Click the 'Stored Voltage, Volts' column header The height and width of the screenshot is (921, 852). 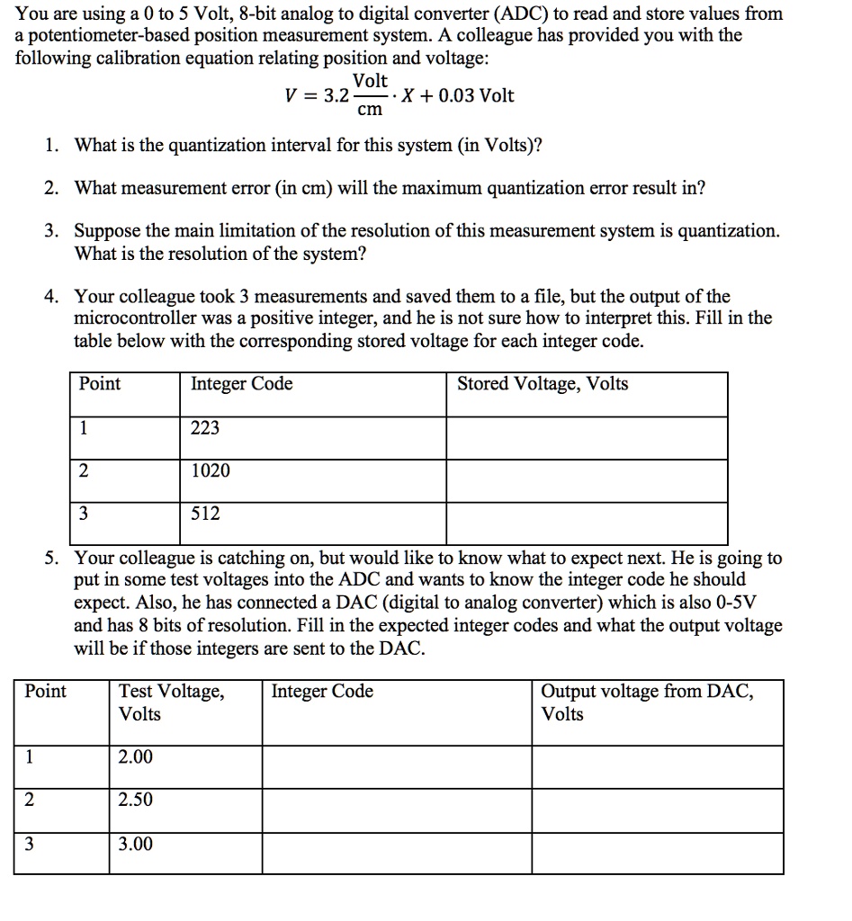click(543, 385)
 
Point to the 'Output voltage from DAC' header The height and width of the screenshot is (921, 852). click(648, 702)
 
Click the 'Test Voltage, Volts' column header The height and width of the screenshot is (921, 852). click(172, 702)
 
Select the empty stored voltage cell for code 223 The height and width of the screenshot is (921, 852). click(586, 438)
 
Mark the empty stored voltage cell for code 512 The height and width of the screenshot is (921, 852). click(586, 523)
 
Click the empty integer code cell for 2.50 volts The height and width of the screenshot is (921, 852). click(396, 810)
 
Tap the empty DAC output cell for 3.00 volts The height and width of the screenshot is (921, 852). click(657, 853)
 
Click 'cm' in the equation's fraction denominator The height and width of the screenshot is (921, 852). click(369, 111)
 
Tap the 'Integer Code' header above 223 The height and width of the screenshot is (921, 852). click(241, 385)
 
